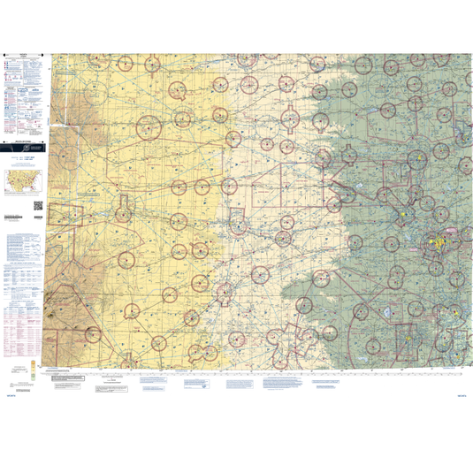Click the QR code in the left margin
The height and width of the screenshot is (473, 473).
point(38,206)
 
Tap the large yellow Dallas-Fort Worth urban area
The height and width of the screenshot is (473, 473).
point(439,240)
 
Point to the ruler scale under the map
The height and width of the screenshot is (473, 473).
point(265,371)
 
